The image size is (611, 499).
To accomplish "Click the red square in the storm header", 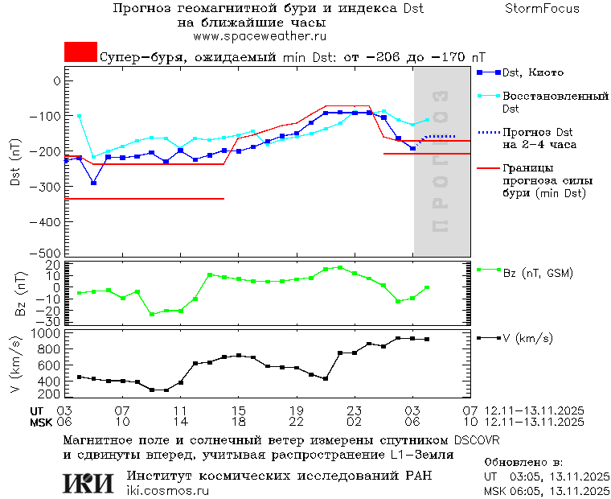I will point(80,52).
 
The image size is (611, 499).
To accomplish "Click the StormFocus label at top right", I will point(542,9).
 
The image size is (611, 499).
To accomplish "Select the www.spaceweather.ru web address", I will point(259,36).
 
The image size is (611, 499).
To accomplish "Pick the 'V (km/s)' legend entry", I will point(527,339).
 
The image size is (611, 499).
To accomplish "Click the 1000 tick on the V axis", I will point(47,333).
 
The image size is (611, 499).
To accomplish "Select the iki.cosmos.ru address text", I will point(168,491).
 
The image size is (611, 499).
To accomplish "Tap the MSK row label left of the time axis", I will point(39,421).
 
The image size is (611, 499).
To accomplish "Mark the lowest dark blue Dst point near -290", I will point(93,183).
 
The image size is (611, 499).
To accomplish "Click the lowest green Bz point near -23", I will point(151,314).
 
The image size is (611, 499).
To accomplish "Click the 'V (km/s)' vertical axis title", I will point(15,363).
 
